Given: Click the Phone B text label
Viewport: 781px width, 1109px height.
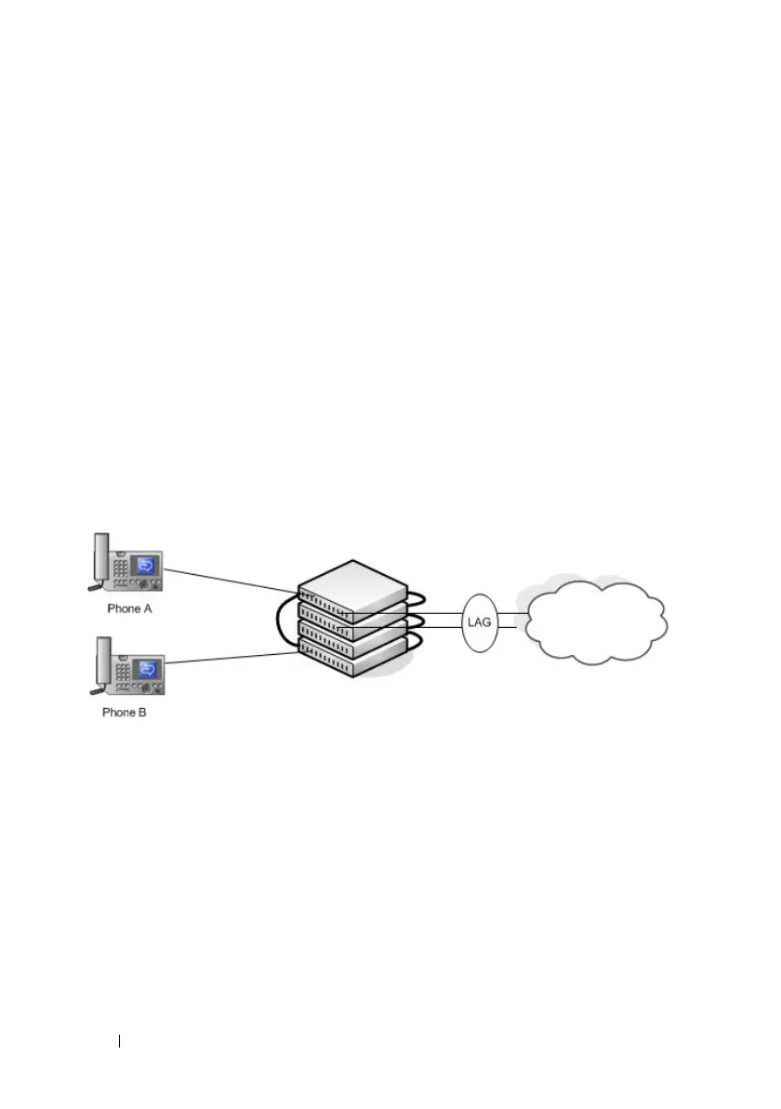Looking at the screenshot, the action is (124, 714).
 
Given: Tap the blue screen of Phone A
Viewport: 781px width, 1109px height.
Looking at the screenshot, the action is (146, 566).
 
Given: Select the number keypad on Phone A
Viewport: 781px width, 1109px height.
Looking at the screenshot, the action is (121, 568).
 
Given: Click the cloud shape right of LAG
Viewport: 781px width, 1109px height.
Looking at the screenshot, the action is (596, 621).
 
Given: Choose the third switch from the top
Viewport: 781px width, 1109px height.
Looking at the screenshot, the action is (352, 636).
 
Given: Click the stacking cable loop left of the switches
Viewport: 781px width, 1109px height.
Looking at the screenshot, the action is (279, 621).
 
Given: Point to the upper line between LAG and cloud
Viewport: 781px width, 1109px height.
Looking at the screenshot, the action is (513, 613).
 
